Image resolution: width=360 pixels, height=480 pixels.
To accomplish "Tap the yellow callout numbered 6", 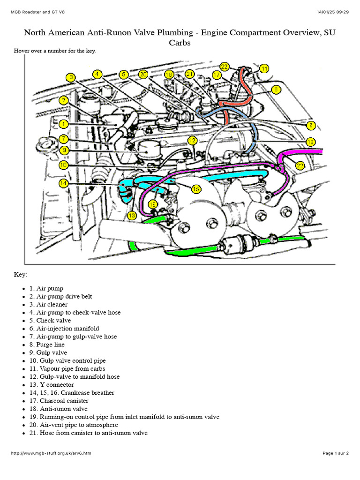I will [x=311, y=125].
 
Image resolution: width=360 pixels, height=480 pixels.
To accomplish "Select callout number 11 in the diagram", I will [x=264, y=68].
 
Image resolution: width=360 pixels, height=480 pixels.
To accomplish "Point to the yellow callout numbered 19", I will [x=310, y=142].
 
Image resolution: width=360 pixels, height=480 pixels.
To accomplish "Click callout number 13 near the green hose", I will [x=132, y=215].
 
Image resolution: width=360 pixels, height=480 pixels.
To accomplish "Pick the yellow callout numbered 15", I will [x=195, y=188].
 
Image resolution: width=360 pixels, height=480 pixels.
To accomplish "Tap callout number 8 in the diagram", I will [x=277, y=89].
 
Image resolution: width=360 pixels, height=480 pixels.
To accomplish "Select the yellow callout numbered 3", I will [x=70, y=78].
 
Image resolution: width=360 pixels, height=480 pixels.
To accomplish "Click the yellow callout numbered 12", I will [x=193, y=141].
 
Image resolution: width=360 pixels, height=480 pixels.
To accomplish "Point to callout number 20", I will [x=143, y=74].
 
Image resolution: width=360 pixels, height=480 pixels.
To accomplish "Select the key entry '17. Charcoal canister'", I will [x=58, y=401].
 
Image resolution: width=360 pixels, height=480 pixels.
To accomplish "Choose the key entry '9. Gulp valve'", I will [x=52, y=352].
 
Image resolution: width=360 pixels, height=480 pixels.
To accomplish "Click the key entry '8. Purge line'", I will [x=52, y=345].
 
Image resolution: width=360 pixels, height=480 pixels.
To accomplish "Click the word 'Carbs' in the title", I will [x=180, y=43].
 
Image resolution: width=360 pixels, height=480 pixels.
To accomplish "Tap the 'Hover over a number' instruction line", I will [x=55, y=51].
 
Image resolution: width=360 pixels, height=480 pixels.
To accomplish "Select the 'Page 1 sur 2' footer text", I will [x=335, y=466].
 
